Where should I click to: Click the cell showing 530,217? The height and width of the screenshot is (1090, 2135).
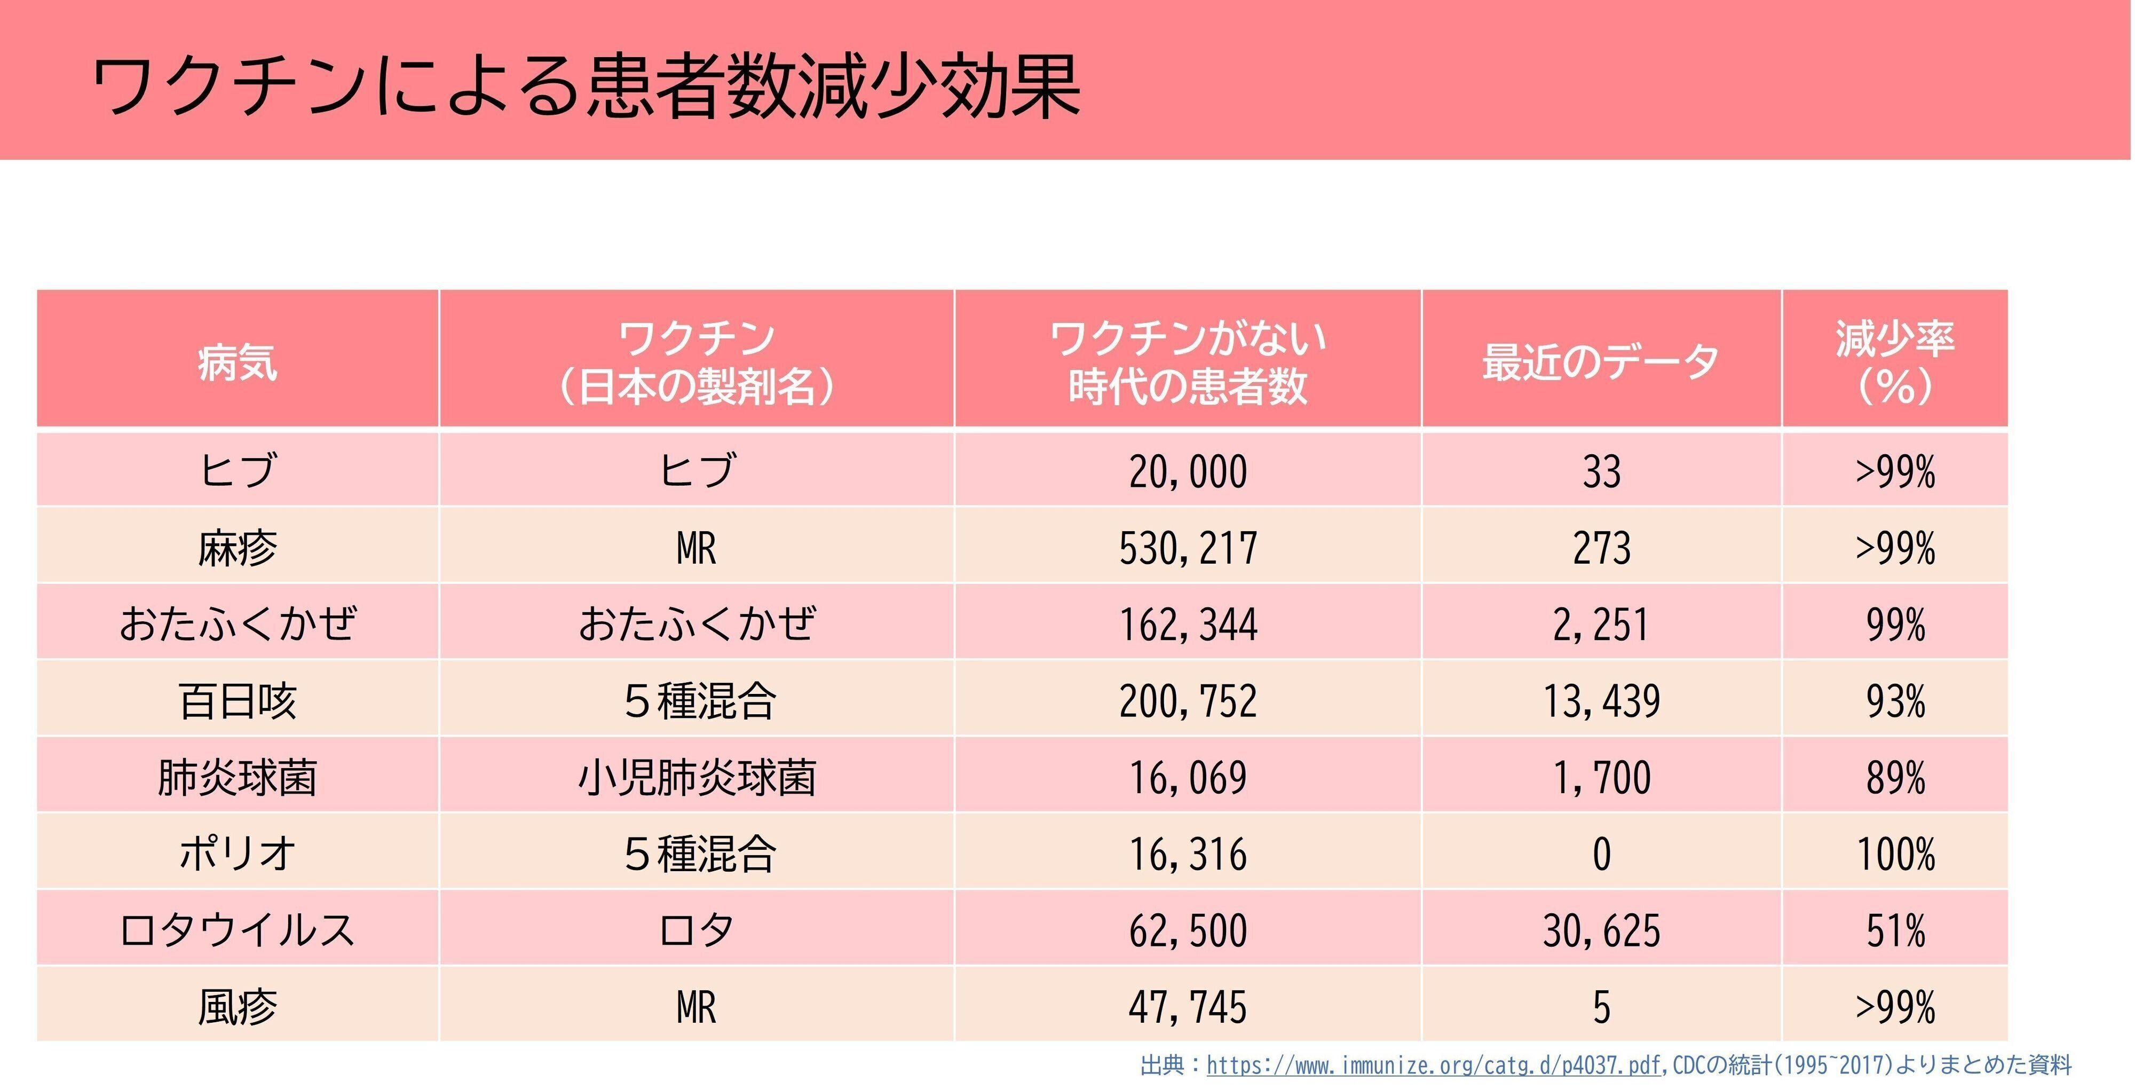(1188, 548)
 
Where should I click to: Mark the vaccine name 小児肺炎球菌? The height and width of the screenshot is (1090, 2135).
(696, 778)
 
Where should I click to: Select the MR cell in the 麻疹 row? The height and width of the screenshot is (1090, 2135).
(696, 548)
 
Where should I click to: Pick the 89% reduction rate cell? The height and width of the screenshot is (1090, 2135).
(1895, 778)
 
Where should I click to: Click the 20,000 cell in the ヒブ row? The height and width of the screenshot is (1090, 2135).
(1188, 472)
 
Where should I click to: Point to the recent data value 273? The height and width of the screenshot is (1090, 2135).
(1601, 548)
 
